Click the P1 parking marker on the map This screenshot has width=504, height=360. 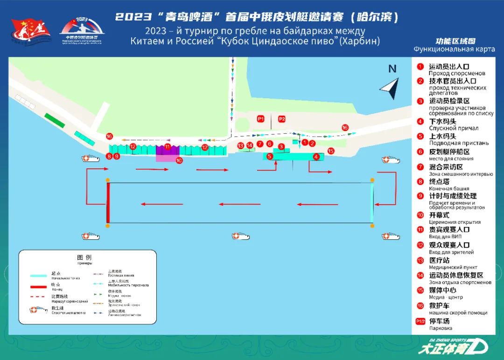[x=261, y=119]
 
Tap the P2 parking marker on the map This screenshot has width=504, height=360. [x=281, y=119]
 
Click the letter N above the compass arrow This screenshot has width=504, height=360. [x=392, y=69]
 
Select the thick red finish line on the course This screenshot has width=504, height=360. [x=108, y=203]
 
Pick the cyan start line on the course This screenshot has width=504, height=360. [x=372, y=203]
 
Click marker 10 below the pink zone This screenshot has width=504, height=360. [x=179, y=160]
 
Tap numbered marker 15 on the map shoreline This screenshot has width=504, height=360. [x=331, y=151]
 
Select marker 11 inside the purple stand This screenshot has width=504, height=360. [x=168, y=147]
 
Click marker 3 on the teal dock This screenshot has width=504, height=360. [x=281, y=147]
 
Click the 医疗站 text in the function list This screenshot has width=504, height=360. [x=439, y=260]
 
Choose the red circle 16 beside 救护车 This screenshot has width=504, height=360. [x=420, y=306]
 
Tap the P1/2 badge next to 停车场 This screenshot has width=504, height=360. [x=420, y=321]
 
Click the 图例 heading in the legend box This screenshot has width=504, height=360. [x=84, y=257]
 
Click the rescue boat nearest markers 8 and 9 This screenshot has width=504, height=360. [x=91, y=159]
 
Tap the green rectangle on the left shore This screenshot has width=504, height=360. [x=55, y=120]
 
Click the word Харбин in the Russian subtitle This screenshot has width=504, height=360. [x=360, y=42]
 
